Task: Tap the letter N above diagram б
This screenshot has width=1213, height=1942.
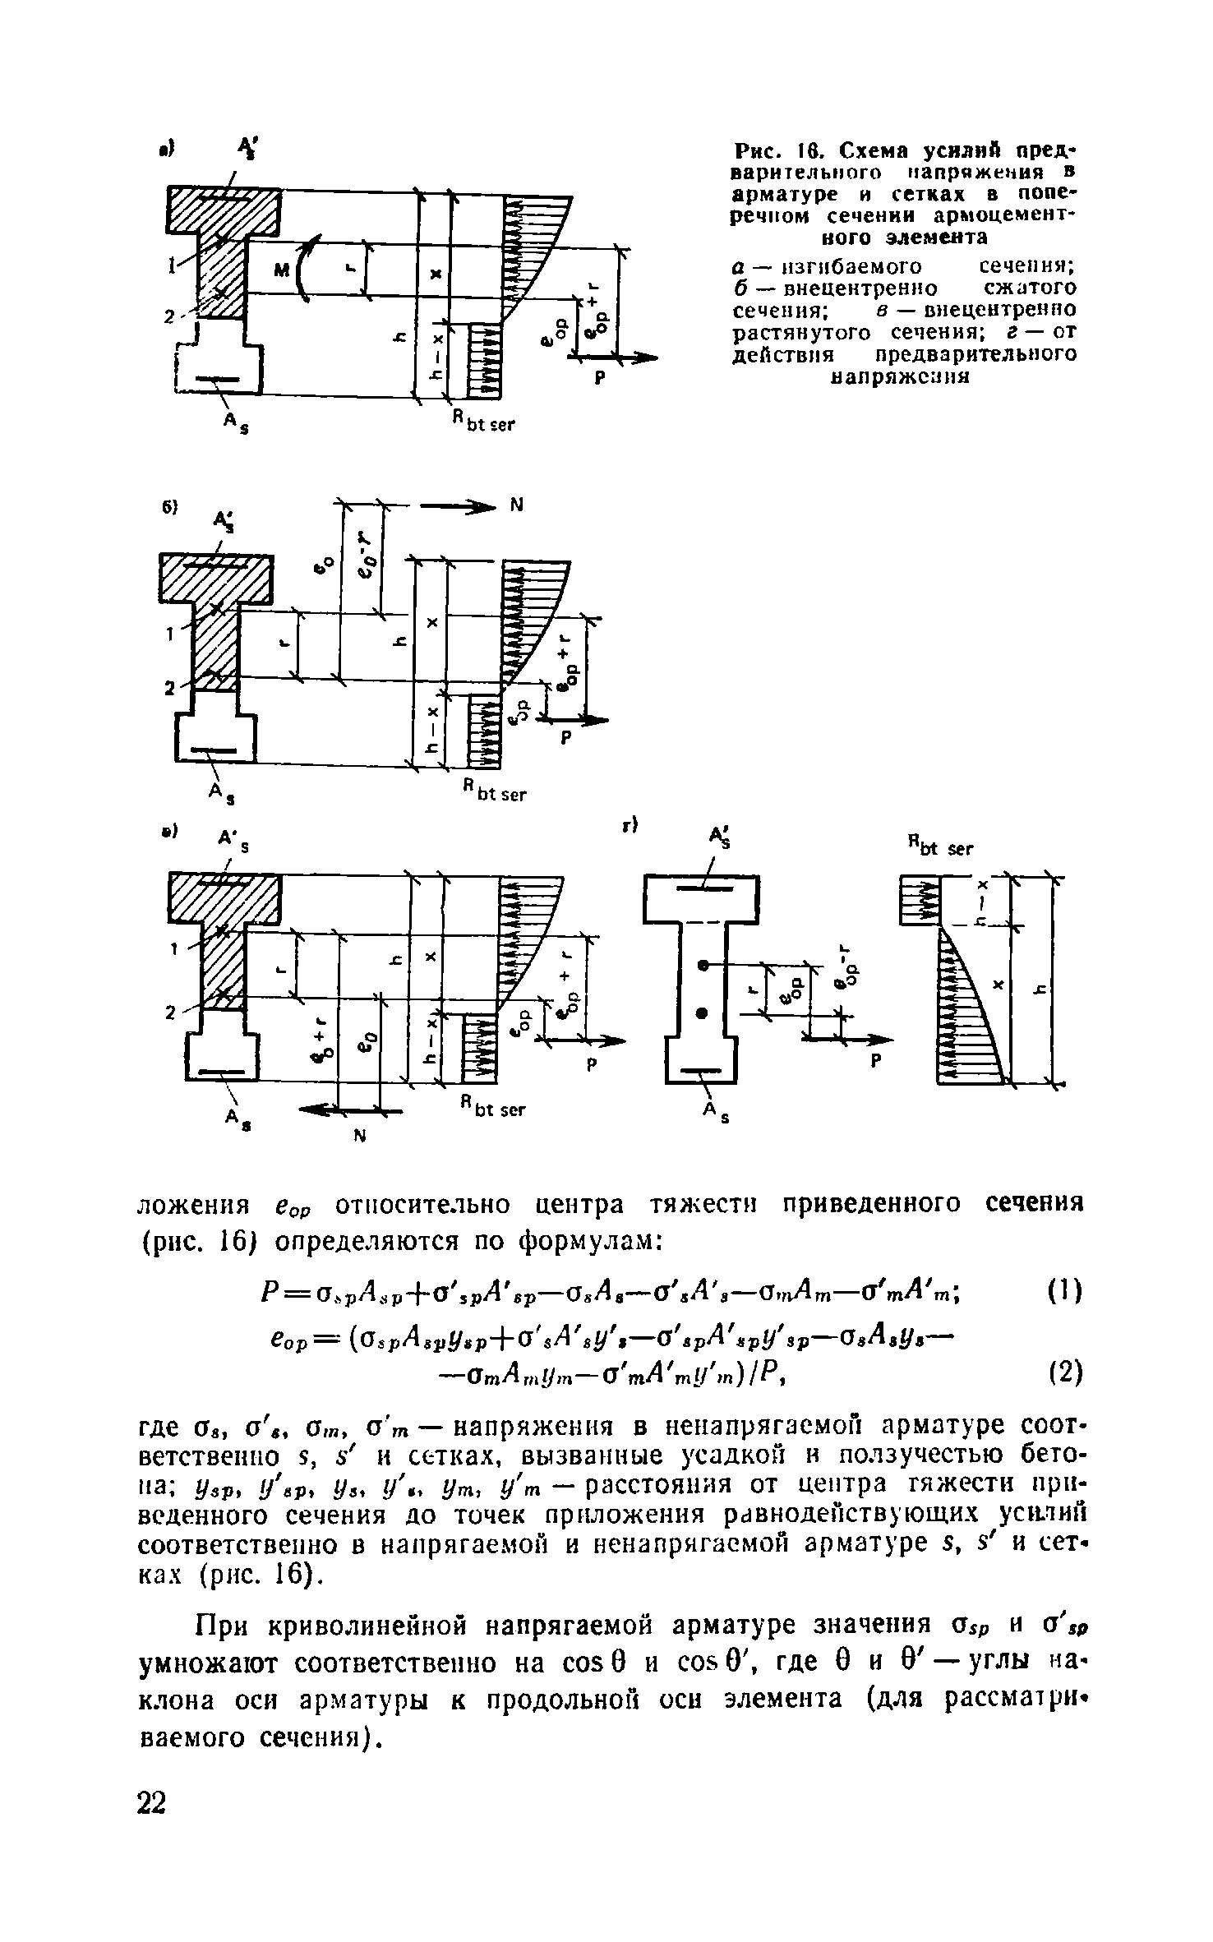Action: pyautogui.click(x=517, y=507)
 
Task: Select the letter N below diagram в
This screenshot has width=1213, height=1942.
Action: pyautogui.click(x=357, y=1137)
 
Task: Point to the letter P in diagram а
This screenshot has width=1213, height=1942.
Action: pyautogui.click(x=599, y=379)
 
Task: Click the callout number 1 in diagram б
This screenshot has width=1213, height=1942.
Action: pyautogui.click(x=170, y=634)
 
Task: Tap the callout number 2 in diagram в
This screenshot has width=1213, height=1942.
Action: pyautogui.click(x=172, y=1013)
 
